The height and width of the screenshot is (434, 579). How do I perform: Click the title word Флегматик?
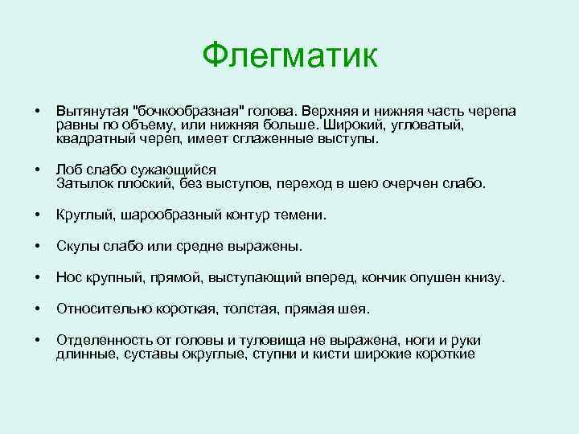coord(289,55)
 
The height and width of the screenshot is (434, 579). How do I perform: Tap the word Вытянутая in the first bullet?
coord(92,110)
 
